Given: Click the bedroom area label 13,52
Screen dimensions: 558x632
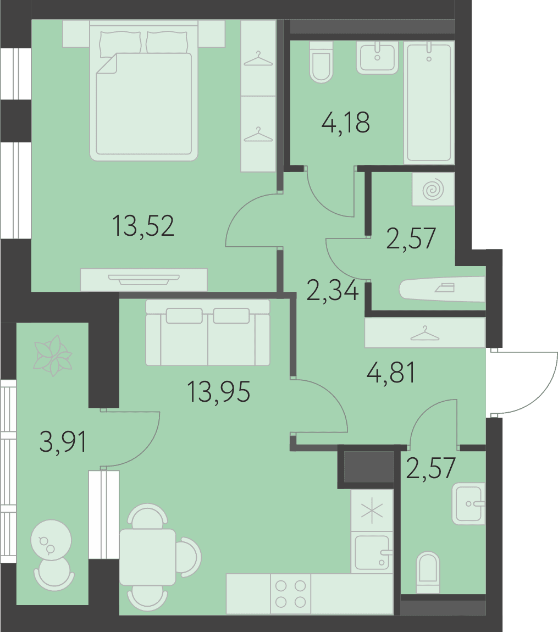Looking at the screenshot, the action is pos(143,226).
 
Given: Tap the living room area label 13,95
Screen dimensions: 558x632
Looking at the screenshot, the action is pos(218,392).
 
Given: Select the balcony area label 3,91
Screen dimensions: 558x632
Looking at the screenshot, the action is pos(63,442).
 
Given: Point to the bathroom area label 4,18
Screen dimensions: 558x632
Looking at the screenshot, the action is pos(346,123).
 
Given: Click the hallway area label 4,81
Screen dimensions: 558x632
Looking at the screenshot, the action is pos(391,373).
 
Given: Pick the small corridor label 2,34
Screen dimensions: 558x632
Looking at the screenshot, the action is pos(332,290).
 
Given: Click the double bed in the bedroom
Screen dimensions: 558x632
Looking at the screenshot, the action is pos(143,90).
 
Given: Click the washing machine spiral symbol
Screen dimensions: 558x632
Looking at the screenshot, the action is pos(433,190).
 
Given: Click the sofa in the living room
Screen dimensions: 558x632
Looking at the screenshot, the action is pos(208,332).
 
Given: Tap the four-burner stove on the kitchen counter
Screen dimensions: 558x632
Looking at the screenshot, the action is pos(290,594).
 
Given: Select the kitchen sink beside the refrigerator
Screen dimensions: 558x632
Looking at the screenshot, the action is pos(372,552).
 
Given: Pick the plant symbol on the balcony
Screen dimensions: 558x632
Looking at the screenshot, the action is pos(52,356).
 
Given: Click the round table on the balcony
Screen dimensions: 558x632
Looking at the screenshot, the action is pos(51,540).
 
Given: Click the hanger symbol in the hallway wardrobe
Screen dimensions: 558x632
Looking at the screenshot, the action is pos(425,334).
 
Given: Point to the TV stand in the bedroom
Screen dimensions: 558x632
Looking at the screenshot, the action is pos(144,280).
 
